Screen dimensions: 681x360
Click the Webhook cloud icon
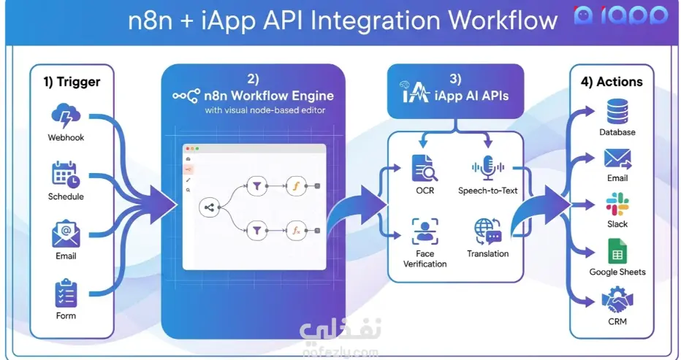coord(66,116)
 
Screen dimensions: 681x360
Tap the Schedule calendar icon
coord(66,175)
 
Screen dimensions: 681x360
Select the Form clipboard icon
coord(66,293)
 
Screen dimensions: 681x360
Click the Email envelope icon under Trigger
coord(66,234)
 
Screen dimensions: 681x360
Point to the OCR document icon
coord(425,169)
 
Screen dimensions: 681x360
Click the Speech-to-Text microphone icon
coord(487,168)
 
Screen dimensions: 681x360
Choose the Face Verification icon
coord(425,231)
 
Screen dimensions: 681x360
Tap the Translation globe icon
coord(487,231)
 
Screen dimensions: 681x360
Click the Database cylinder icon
coord(617,112)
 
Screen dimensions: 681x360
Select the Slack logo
coord(617,204)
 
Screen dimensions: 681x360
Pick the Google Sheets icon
coord(617,251)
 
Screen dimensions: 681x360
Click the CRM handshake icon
coord(617,299)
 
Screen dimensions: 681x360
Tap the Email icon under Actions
coord(617,159)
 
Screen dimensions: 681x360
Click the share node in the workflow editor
coord(209,207)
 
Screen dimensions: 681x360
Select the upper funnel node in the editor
coord(256,186)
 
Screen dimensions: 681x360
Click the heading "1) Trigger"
coord(72,82)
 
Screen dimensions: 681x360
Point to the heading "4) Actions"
coord(612,82)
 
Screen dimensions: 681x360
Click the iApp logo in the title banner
coord(620,15)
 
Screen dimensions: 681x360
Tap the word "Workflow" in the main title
coord(503,20)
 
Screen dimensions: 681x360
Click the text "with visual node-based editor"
coord(265,110)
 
